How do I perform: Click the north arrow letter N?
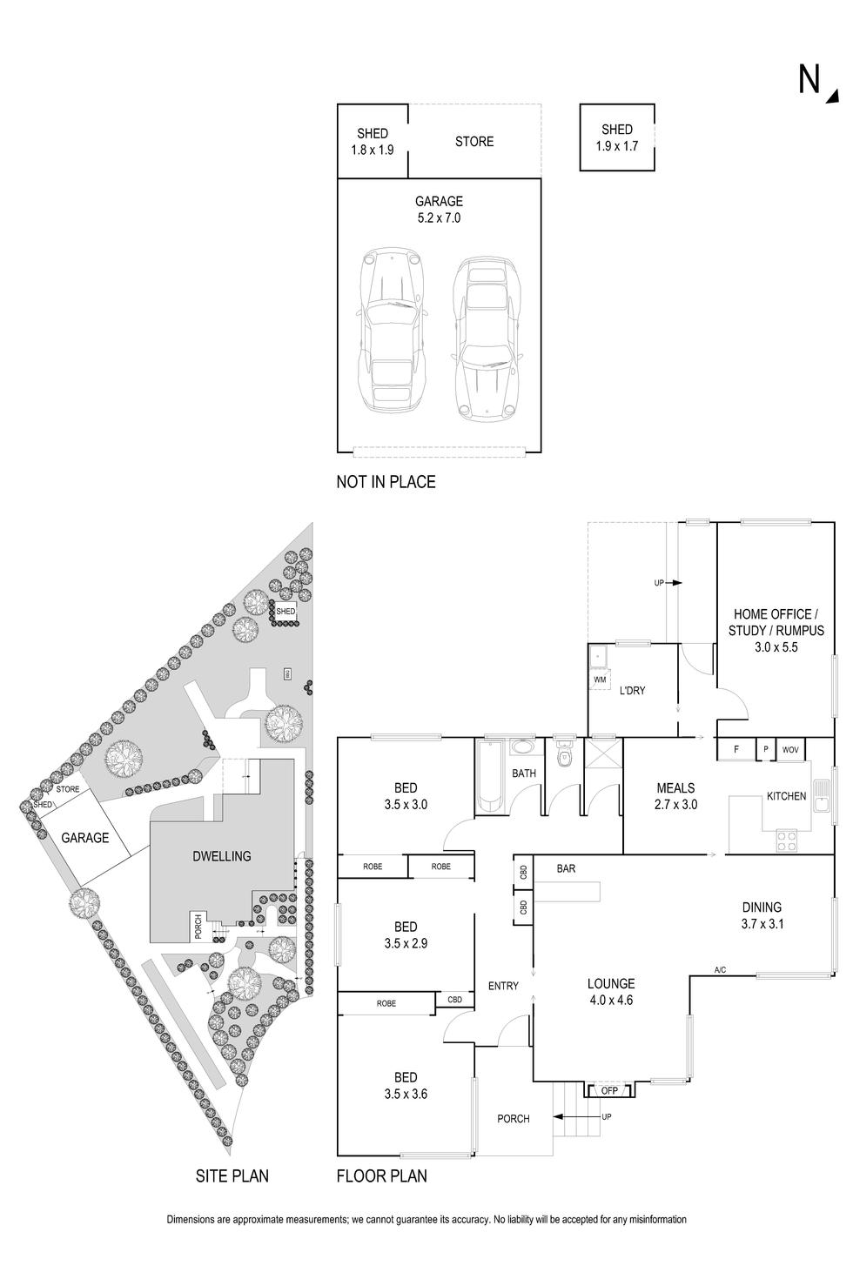[809, 79]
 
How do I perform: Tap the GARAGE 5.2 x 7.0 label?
[439, 210]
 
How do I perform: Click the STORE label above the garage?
[474, 141]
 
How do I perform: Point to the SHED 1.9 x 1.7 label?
[617, 137]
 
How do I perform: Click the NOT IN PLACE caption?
[386, 481]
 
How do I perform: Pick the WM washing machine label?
[600, 679]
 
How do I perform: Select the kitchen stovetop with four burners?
[787, 840]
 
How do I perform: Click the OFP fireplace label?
[609, 1089]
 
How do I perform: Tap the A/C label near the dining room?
[720, 969]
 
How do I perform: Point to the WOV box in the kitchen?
[790, 749]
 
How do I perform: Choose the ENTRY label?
[503, 986]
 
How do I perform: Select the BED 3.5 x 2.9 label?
[406, 934]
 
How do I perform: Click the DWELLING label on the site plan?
[221, 856]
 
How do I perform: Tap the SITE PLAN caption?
[232, 1176]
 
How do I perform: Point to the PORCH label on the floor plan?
[514, 1119]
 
